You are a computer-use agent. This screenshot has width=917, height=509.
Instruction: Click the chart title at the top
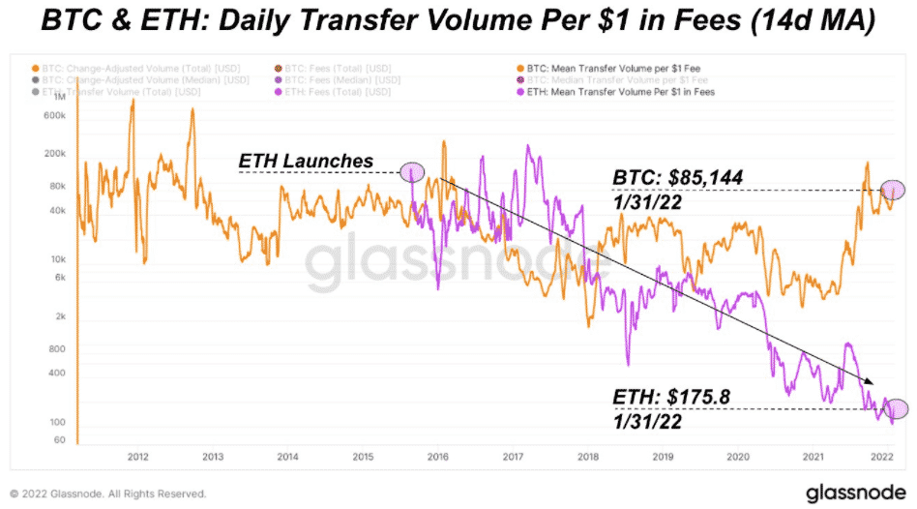coord(458,21)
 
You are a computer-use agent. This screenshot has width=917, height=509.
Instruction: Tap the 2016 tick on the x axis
coord(436,457)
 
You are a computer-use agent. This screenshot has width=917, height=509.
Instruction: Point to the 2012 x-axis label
coord(137,457)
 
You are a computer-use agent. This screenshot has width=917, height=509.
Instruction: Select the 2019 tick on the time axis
coord(663,457)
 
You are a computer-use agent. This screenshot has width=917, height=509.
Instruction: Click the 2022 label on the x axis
coord(880,457)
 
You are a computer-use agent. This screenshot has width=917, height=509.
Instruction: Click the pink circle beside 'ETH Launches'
coord(412,172)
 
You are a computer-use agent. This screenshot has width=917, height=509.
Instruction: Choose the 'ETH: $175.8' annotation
coord(671,397)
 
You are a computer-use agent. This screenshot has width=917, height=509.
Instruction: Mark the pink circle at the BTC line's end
coord(891,192)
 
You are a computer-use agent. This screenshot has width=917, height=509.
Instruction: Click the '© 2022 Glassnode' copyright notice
coord(105,492)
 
